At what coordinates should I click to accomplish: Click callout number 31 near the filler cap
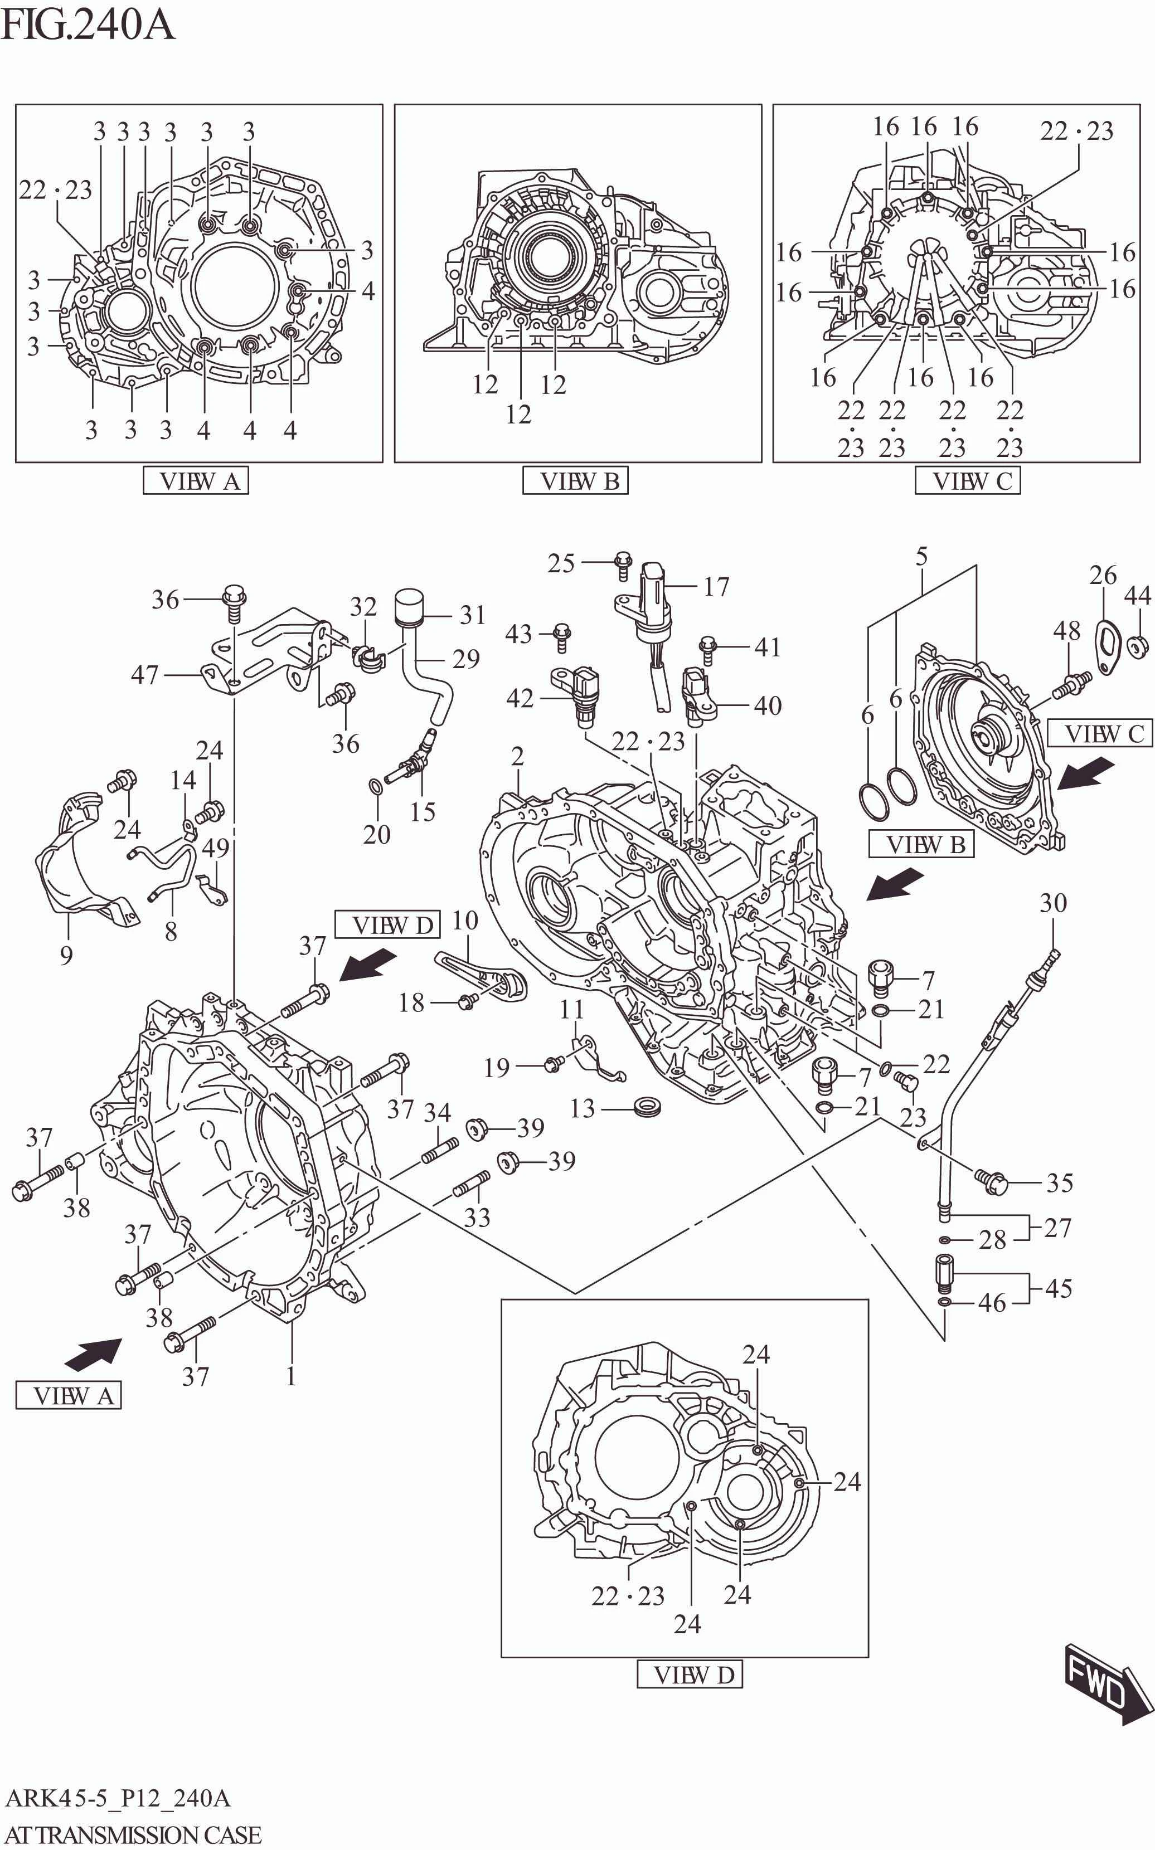473,615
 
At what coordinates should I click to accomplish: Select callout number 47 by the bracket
144,675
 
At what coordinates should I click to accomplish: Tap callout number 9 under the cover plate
66,955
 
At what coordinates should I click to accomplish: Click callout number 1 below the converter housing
290,1376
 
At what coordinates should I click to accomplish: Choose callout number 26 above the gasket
1102,575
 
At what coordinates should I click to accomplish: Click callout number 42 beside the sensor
520,698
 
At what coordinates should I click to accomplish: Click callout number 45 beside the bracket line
1058,1288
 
